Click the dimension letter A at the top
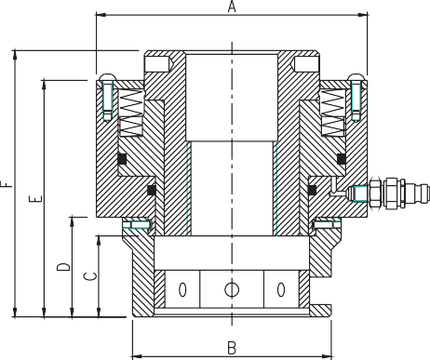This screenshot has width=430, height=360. pos(232,7)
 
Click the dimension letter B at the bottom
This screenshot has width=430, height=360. pos(232,348)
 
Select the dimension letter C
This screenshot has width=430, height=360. pos(90,276)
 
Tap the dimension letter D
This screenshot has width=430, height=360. pos(63,267)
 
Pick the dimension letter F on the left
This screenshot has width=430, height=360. pos(7,184)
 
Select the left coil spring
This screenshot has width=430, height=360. pos(131,113)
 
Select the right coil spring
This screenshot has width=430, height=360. pos(333,113)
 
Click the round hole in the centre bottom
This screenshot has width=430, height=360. pos(232,289)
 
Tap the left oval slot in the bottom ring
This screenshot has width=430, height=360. pos(182,289)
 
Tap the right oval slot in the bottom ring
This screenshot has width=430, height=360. pos(281,289)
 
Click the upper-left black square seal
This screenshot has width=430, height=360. pos(122,159)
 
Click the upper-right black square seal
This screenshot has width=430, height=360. pos(342,159)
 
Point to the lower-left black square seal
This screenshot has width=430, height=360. pos(152,190)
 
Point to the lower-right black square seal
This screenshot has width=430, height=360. pos(312,190)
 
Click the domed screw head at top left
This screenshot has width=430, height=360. pos(108,77)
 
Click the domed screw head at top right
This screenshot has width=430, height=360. pos(356,77)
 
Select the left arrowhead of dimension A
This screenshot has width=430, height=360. pos(101,15)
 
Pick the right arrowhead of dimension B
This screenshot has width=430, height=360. pos(327,356)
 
